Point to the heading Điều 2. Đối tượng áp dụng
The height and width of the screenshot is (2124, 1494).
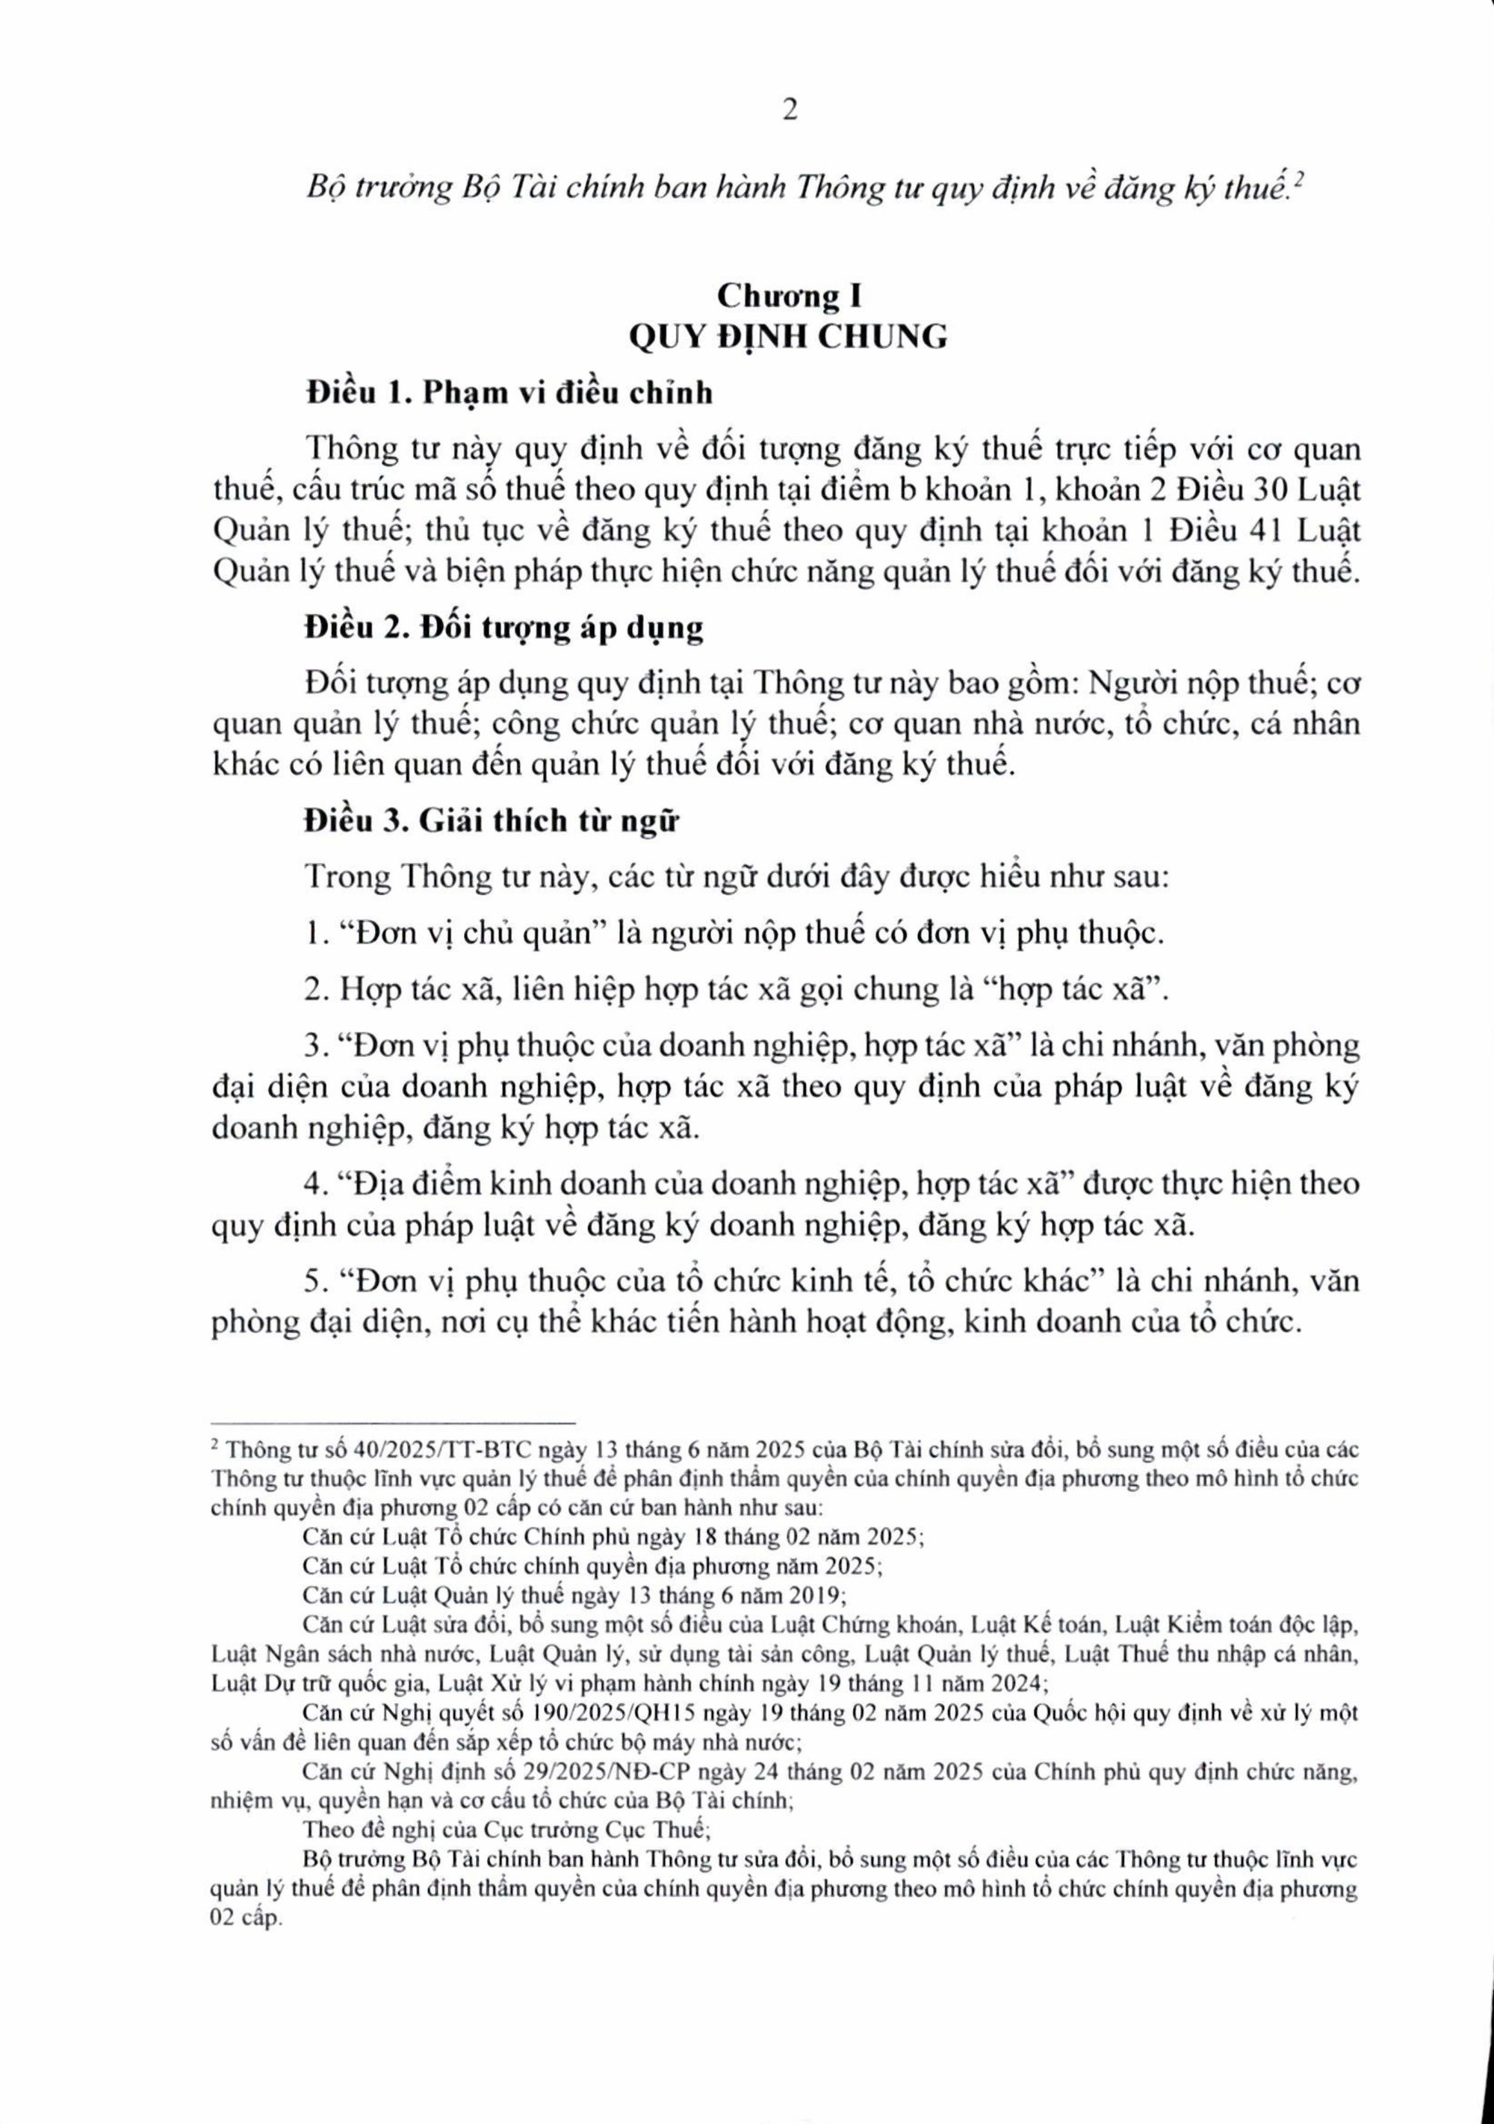[x=504, y=628]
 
